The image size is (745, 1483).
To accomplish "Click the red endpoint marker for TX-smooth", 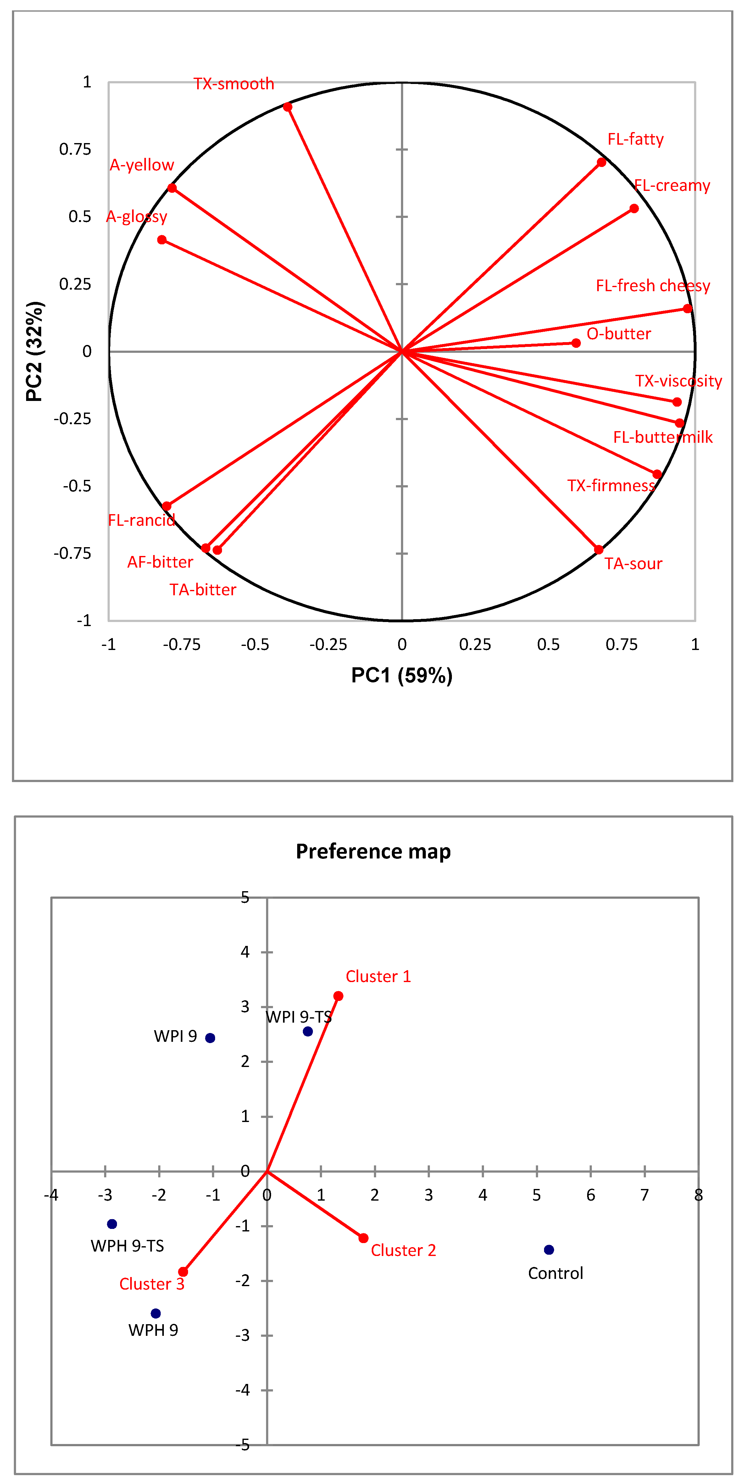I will [x=287, y=107].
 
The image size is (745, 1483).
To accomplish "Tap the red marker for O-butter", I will [x=576, y=343].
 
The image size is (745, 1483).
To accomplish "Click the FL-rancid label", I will [x=141, y=520].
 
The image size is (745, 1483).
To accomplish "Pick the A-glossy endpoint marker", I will [x=162, y=240].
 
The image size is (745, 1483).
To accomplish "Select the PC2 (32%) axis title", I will [x=35, y=351].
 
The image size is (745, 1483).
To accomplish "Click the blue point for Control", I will [x=549, y=1250].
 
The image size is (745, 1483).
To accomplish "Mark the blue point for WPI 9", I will [x=210, y=1038].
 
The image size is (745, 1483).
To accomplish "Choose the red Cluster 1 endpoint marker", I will [x=338, y=996].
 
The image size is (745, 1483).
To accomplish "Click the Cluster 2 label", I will [x=403, y=1250].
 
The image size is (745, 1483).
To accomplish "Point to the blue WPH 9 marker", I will [x=155, y=1313].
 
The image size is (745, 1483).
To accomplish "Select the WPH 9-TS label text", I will [x=127, y=1246].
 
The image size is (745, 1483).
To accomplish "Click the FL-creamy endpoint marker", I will [x=634, y=208].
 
